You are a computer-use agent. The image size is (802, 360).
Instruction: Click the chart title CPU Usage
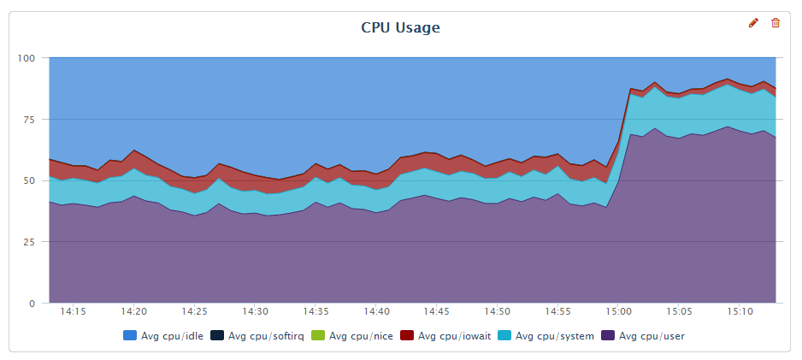(400, 27)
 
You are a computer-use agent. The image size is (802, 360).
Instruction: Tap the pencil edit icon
(753, 23)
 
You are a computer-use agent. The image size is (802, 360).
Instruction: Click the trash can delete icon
(775, 23)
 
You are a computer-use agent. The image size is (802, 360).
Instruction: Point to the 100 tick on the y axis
(27, 58)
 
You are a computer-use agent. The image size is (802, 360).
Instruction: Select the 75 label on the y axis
(29, 120)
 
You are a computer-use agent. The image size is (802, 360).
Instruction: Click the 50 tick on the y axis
(29, 180)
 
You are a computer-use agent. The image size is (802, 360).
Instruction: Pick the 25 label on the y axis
(29, 242)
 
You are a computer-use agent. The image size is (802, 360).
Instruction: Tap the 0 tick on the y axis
(32, 304)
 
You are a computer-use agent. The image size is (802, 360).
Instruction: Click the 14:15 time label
(74, 313)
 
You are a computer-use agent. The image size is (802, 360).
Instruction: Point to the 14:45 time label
(437, 313)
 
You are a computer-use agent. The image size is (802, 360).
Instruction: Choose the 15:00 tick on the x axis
(618, 313)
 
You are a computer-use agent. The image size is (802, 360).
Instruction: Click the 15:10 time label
(740, 313)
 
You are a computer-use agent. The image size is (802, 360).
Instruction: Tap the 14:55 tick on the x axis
(557, 313)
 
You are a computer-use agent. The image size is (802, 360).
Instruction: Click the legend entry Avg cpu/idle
(166, 336)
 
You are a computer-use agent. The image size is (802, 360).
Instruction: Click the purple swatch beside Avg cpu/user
(609, 336)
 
